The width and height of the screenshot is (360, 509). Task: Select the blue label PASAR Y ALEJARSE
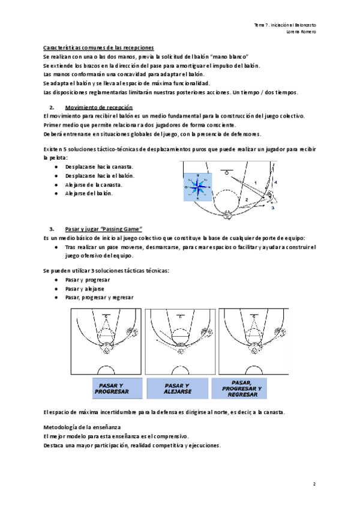pos(177,388)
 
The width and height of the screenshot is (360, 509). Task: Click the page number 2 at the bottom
pos(314,483)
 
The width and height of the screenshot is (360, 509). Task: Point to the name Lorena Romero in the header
pos(302,32)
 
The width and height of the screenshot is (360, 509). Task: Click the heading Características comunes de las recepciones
pos(99,47)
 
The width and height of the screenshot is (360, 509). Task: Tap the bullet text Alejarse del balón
pos(88,193)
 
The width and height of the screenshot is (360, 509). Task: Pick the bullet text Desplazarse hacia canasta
pos(100,166)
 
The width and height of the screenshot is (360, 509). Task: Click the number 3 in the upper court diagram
pos(272,208)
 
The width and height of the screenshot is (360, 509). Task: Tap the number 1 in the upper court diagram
pos(254,182)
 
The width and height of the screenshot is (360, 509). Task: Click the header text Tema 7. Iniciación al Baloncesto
pos(285,25)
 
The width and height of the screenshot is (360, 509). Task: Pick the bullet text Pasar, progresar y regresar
pos(101,297)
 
